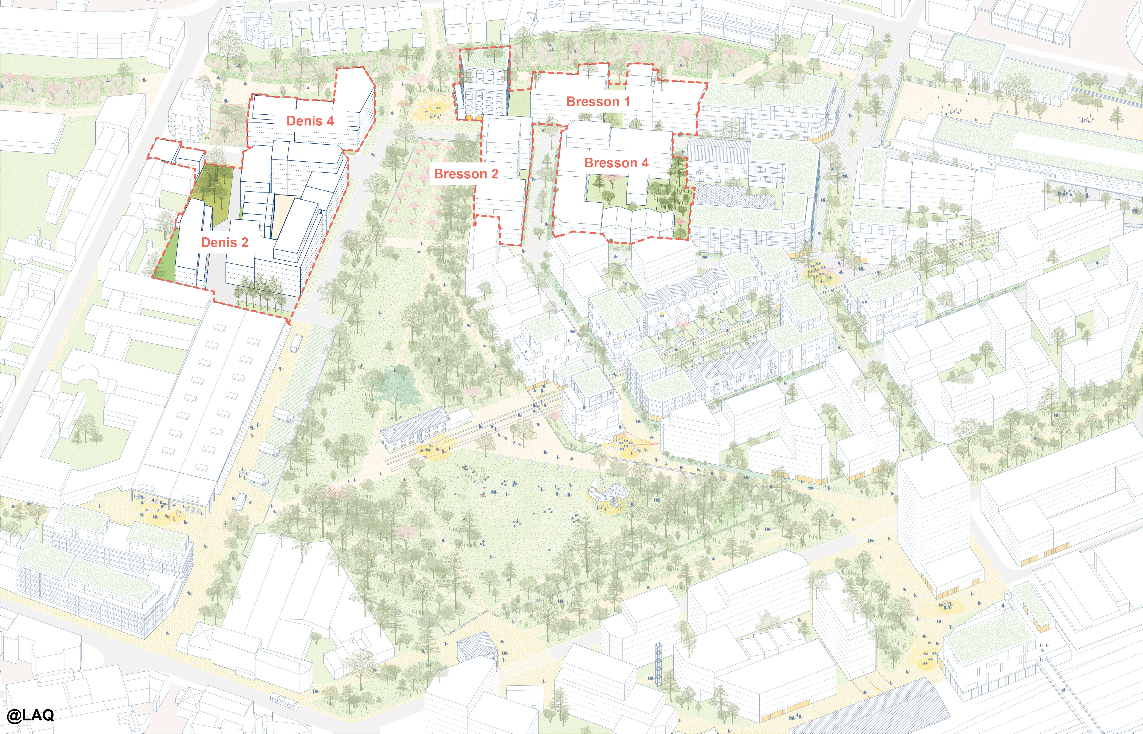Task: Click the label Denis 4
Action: (310, 121)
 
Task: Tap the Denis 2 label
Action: (225, 243)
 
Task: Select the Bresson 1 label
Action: (598, 102)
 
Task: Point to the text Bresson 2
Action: (466, 174)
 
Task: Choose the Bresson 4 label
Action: (616, 163)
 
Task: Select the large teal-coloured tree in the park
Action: (397, 386)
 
